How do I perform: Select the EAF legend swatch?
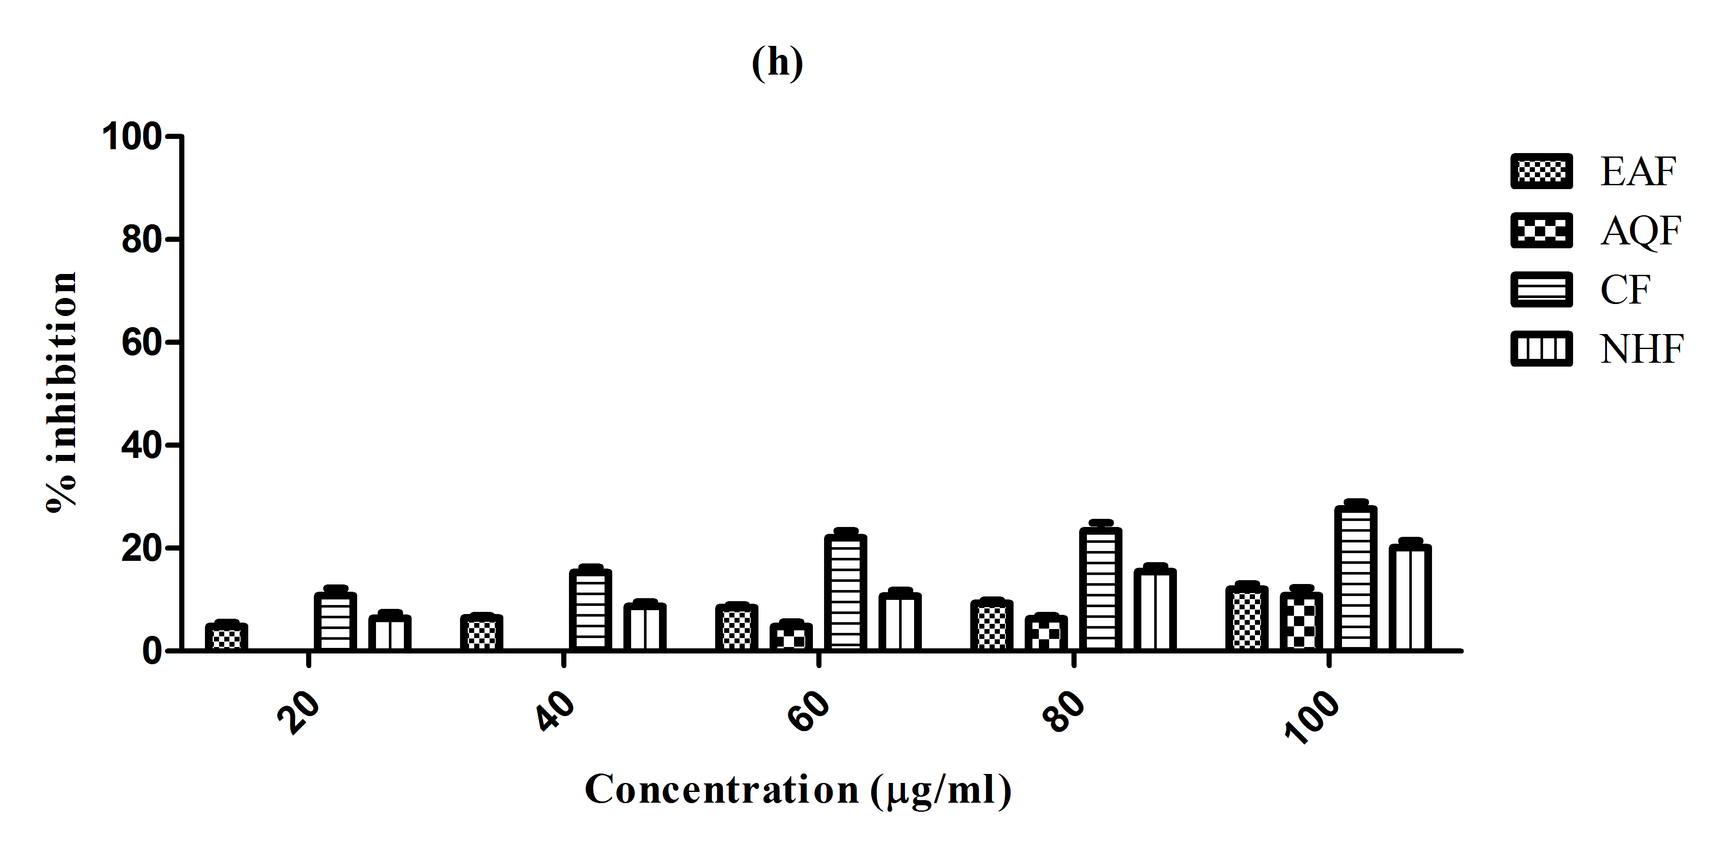tap(1541, 172)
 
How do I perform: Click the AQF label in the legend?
tap(1640, 231)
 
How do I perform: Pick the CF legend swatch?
tap(1541, 289)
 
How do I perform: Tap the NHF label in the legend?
tap(1642, 349)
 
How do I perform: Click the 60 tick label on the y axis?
tap(141, 343)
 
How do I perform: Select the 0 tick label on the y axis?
tap(152, 651)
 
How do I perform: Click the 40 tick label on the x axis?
tap(556, 714)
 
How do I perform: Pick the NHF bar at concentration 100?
tap(1410, 598)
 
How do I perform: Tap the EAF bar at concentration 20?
tap(226, 637)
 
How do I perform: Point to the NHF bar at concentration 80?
tap(1155, 609)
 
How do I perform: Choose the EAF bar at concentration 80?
tap(991, 625)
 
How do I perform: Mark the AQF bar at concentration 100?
tap(1301, 621)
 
